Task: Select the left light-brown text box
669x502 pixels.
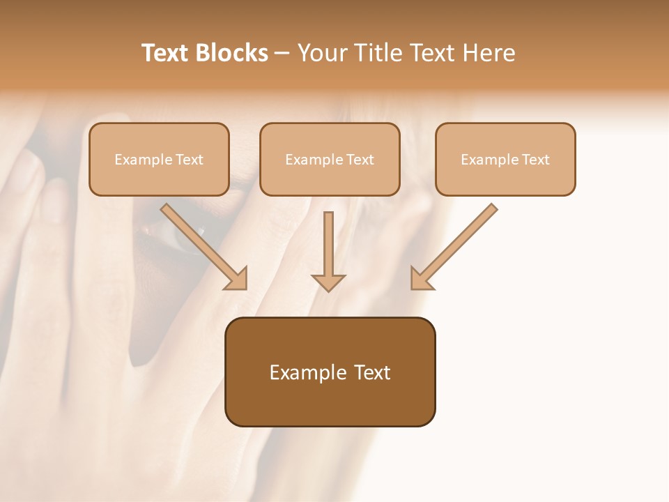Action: click(159, 159)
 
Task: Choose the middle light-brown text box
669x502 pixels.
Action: click(330, 159)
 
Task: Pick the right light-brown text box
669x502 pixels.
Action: click(505, 159)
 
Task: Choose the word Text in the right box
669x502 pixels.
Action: click(536, 160)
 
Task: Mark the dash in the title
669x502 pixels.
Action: click(282, 54)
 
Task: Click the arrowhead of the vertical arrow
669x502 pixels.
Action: click(328, 282)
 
